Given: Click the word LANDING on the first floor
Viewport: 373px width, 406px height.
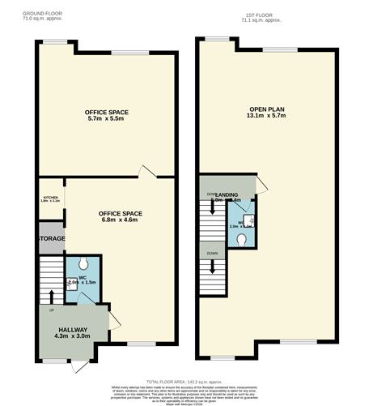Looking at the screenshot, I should click(227, 194).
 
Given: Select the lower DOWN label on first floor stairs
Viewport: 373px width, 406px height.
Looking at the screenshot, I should click(212, 254).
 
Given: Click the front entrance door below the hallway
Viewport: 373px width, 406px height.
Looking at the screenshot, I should click(78, 366).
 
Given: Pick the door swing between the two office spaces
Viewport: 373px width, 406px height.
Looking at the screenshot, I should click(146, 171).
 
